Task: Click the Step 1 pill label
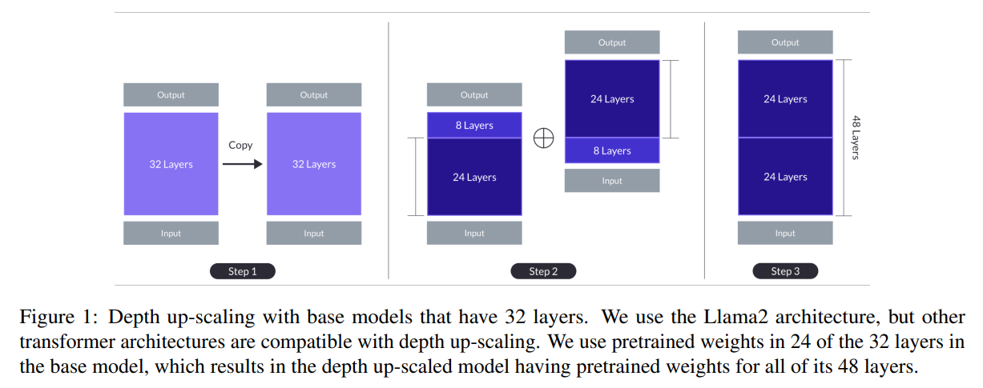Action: pos(242,271)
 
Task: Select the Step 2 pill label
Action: pos(543,271)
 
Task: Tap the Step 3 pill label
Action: pos(785,271)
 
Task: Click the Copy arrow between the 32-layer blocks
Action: pos(242,164)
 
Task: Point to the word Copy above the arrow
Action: pos(240,146)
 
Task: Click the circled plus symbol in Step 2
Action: pos(544,138)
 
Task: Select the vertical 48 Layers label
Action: pos(856,138)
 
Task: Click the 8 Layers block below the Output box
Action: pos(474,126)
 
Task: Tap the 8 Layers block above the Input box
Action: pos(612,150)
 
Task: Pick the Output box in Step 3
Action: pos(785,42)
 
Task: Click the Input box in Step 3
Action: pos(785,233)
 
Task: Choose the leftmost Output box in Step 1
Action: pos(171,94)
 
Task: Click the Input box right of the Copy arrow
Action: pos(314,233)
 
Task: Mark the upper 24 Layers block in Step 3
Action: pos(785,99)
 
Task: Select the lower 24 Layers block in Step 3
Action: pos(785,177)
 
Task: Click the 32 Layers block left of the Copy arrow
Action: pos(171,164)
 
